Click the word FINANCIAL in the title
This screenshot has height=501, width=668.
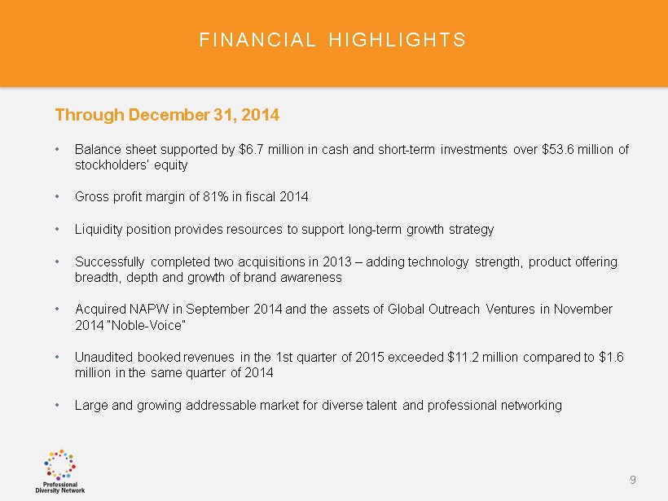tap(257, 40)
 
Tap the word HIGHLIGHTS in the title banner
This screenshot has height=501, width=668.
tap(397, 40)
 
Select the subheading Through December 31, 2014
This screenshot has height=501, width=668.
tap(167, 115)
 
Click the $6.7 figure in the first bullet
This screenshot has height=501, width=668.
tap(252, 150)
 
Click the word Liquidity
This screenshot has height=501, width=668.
tap(99, 230)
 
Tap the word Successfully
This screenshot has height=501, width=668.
tap(109, 262)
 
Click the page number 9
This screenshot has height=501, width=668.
tap(633, 480)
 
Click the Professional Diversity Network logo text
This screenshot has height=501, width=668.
tap(60, 487)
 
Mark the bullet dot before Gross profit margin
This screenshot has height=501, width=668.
tap(57, 197)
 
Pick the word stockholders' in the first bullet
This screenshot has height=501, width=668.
tap(111, 165)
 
